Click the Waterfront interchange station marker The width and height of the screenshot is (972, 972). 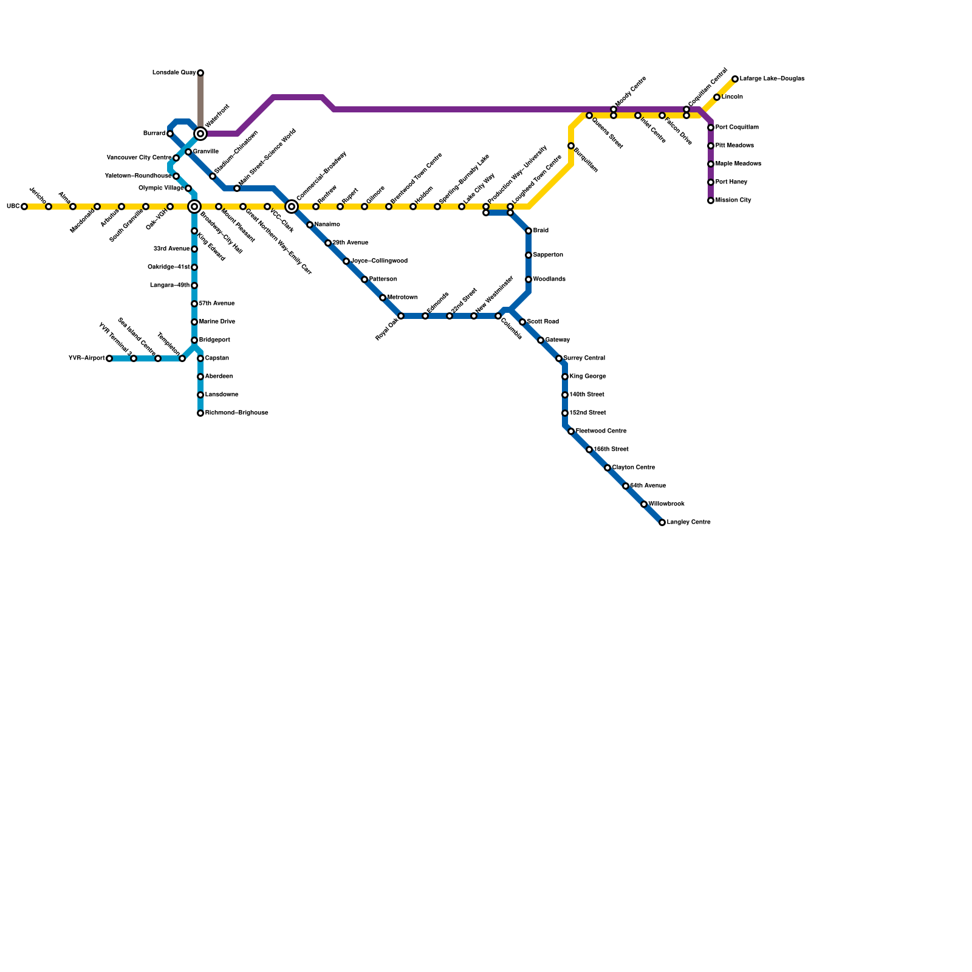click(x=200, y=134)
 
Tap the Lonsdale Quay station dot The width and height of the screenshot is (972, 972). click(x=200, y=73)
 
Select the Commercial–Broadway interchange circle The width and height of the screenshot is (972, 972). click(x=292, y=207)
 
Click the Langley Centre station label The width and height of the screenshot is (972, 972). click(x=688, y=522)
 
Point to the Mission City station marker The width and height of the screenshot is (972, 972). click(x=711, y=200)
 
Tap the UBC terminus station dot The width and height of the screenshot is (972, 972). click(x=24, y=207)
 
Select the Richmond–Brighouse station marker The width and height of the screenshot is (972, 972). click(x=200, y=413)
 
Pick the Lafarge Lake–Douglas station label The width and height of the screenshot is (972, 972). click(x=772, y=79)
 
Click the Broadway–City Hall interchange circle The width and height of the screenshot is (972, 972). click(x=194, y=207)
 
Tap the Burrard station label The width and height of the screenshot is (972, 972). click(x=154, y=134)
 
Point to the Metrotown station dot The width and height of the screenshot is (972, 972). click(x=383, y=298)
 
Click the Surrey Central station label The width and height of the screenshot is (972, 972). click(x=584, y=358)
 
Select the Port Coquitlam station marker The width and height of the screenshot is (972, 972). click(x=711, y=128)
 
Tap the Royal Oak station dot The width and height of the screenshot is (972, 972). click(x=401, y=316)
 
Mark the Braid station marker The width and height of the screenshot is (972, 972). click(x=529, y=231)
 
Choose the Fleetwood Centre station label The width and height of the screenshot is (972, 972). click(x=601, y=431)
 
